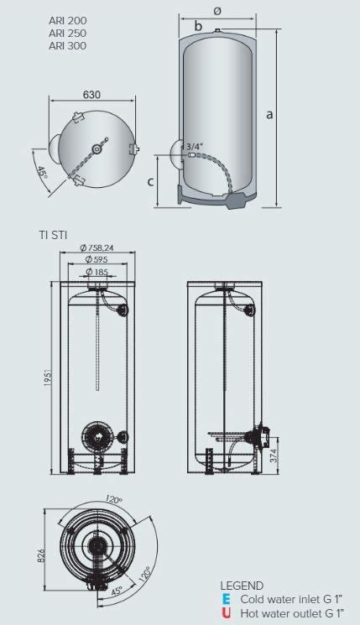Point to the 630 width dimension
point(92,95)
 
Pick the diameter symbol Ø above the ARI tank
point(217,11)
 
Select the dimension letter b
point(198,27)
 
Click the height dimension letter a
point(269,115)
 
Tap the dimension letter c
point(149,180)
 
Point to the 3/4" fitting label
point(194,146)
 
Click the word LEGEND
point(242,586)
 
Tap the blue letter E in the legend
point(226,600)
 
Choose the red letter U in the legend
point(226,613)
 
